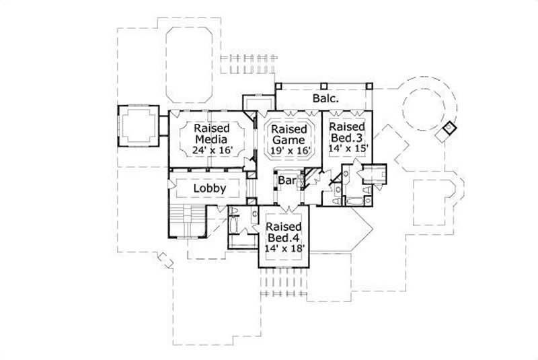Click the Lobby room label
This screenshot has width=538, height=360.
[210, 188]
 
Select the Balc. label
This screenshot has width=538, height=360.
[324, 98]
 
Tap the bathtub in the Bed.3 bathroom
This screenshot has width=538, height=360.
[353, 201]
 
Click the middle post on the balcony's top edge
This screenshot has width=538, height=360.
[323, 86]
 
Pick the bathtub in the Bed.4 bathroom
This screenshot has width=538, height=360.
[236, 224]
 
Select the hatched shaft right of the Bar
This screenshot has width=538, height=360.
[310, 180]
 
